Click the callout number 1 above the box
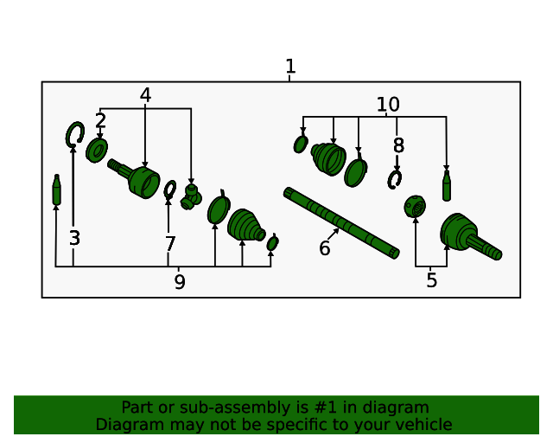click(290, 67)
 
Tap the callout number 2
click(101, 120)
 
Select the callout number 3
click(74, 238)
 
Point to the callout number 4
click(145, 95)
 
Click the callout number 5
click(431, 279)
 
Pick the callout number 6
click(324, 248)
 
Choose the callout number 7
click(169, 244)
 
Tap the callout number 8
click(397, 145)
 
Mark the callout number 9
click(179, 282)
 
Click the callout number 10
click(388, 105)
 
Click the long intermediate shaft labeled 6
click(341, 222)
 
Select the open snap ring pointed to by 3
click(74, 133)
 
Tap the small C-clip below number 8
click(395, 179)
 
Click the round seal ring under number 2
click(97, 151)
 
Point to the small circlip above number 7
click(170, 189)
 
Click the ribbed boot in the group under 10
click(328, 159)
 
